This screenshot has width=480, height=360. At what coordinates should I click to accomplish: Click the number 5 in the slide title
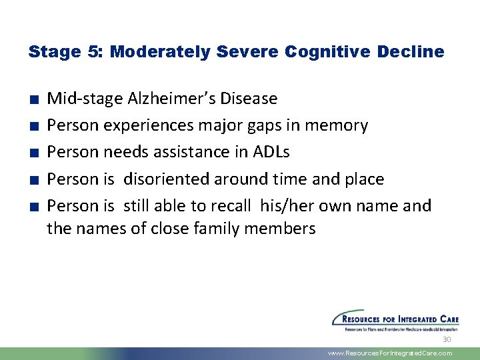tap(90, 52)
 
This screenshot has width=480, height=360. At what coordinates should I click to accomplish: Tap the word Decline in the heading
tap(411, 52)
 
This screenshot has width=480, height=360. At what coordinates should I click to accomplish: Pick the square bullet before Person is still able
tap(33, 207)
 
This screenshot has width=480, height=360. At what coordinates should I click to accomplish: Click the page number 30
tap(447, 339)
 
